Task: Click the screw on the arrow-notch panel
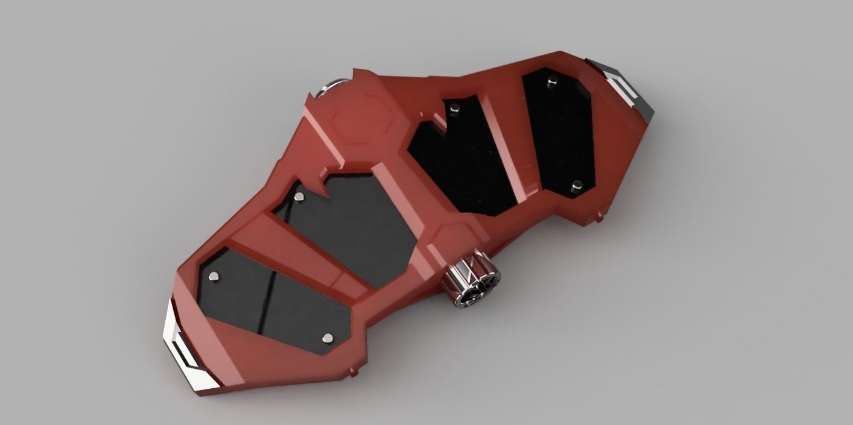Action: pyautogui.click(x=299, y=197)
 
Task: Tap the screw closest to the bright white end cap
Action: pyautogui.click(x=214, y=277)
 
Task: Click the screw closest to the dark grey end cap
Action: pyautogui.click(x=551, y=83)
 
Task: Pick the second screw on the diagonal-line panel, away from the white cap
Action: pyautogui.click(x=328, y=338)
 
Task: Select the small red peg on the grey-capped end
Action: pyautogui.click(x=599, y=215)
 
